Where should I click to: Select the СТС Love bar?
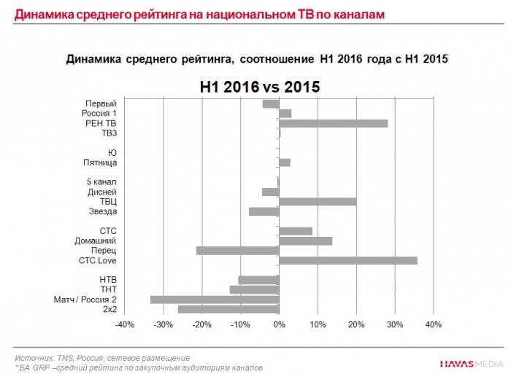pyautogui.click(x=348, y=260)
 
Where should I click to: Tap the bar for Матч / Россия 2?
pyautogui.click(x=215, y=300)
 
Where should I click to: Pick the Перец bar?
pyautogui.click(x=237, y=251)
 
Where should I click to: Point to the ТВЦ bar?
pyautogui.click(x=318, y=201)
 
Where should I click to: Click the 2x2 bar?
pyautogui.click(x=228, y=310)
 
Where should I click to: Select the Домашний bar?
pyautogui.click(x=305, y=241)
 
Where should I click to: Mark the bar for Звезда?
pyautogui.click(x=264, y=211)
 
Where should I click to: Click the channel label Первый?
pyautogui.click(x=101, y=103)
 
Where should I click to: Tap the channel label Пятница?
pyautogui.click(x=99, y=163)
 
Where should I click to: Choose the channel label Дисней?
pyautogui.click(x=101, y=192)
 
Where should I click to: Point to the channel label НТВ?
pyautogui.click(x=107, y=280)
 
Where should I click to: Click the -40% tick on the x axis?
pyautogui.click(x=125, y=325)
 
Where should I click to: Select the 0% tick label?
pyautogui.click(x=279, y=325)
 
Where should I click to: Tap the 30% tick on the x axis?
pyautogui.click(x=394, y=325)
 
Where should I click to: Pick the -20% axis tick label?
pyautogui.click(x=201, y=325)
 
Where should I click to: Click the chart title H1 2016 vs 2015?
pyautogui.click(x=260, y=87)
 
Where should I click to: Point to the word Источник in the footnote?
pyautogui.click(x=34, y=358)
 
